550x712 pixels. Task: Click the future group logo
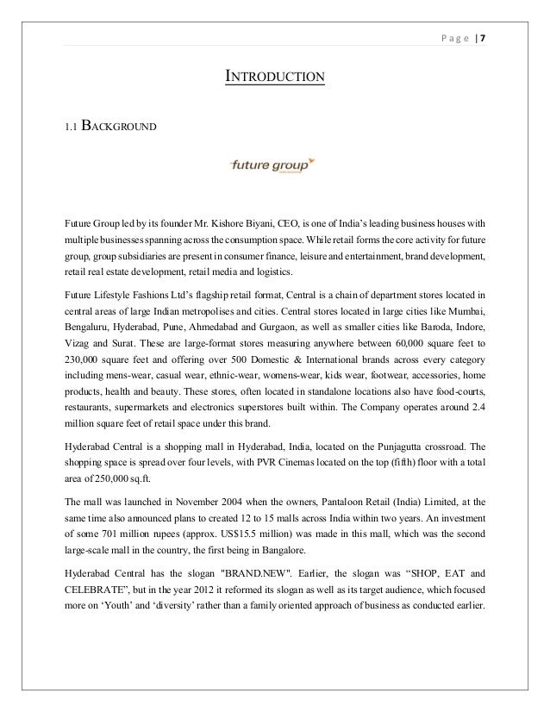[274, 164]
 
